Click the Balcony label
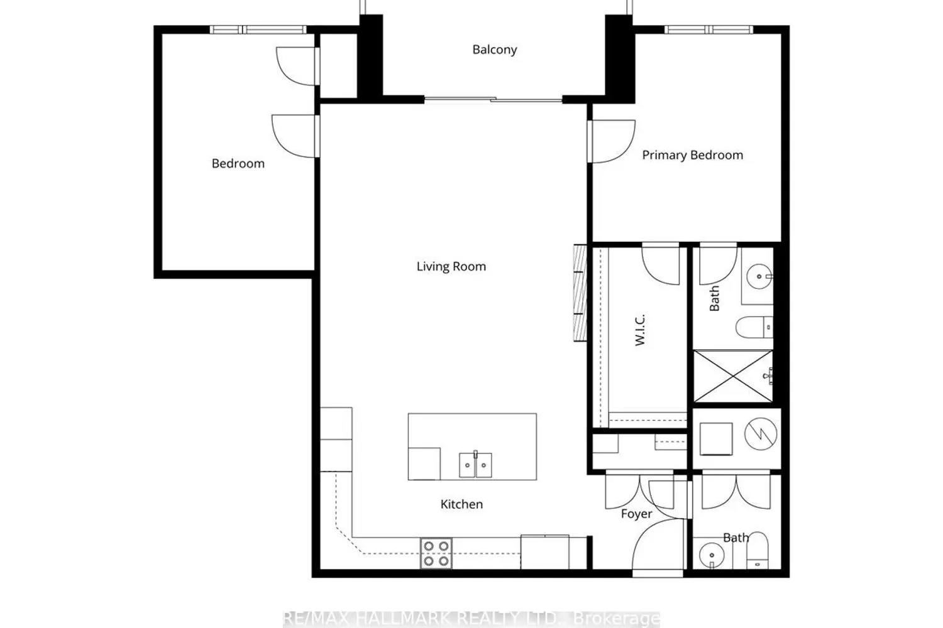[x=495, y=50]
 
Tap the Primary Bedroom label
[x=693, y=155]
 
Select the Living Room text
[x=451, y=266]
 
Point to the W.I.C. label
[x=640, y=330]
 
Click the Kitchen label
[x=461, y=504]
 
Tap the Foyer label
[x=636, y=514]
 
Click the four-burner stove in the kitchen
[x=436, y=553]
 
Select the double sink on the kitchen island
[x=475, y=465]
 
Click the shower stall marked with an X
[x=733, y=376]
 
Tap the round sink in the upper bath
[x=759, y=277]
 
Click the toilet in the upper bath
[x=754, y=327]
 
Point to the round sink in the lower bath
[x=712, y=555]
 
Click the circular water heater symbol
[x=761, y=434]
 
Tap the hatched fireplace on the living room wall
[x=580, y=293]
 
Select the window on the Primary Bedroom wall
[x=709, y=30]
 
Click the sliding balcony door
[x=493, y=100]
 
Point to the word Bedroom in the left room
[x=238, y=164]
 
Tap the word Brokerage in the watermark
[x=617, y=619]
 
